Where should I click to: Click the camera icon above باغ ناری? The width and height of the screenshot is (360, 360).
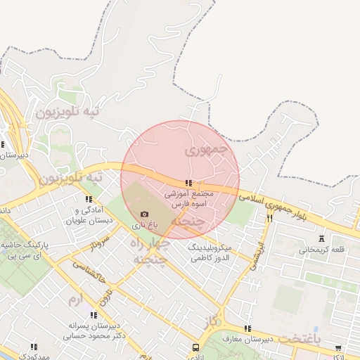pyautogui.click(x=144, y=214)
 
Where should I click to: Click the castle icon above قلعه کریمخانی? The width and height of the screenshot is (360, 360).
pyautogui.click(x=322, y=239)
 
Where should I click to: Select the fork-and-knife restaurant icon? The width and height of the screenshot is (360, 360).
pyautogui.click(x=269, y=219)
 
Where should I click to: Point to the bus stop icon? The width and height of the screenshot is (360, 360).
pyautogui.click(x=195, y=347)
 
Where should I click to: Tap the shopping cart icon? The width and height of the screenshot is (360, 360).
pyautogui.click(x=338, y=347)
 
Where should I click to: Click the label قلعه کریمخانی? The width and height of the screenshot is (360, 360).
pyautogui.click(x=321, y=250)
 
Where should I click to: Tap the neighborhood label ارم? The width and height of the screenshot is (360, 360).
pyautogui.click(x=75, y=300)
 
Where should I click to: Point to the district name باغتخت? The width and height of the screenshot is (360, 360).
pyautogui.click(x=298, y=339)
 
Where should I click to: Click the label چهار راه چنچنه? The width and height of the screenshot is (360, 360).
pyautogui.click(x=149, y=251)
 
